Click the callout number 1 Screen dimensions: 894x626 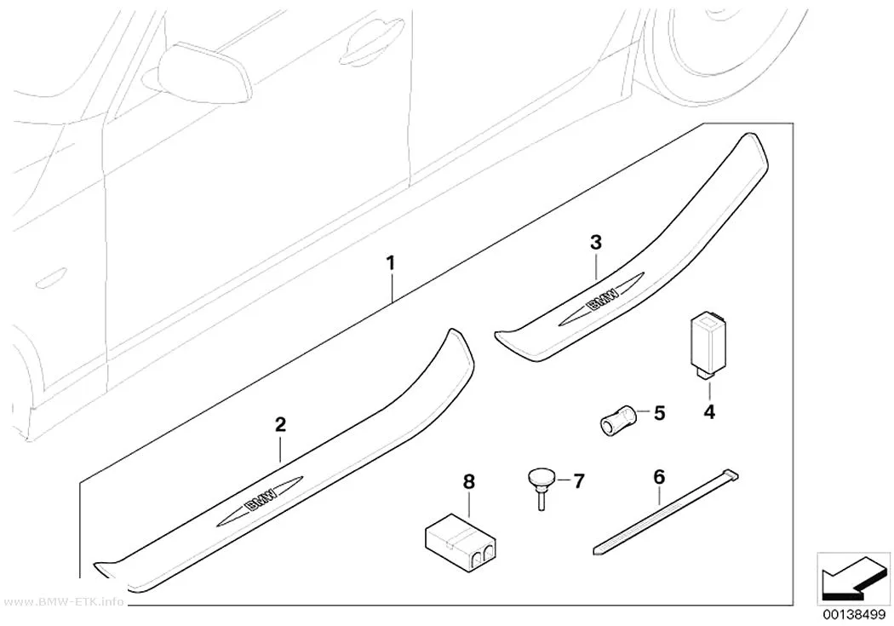(x=391, y=263)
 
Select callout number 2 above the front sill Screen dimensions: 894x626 (x=280, y=425)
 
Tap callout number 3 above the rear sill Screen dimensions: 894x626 (x=596, y=242)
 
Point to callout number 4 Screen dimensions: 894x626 (x=709, y=411)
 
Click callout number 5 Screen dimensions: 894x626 (x=659, y=413)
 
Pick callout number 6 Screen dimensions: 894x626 (x=659, y=477)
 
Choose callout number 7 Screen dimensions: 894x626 (x=578, y=481)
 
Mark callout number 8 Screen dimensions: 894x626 (x=468, y=482)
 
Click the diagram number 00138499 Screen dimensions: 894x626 (x=853, y=616)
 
